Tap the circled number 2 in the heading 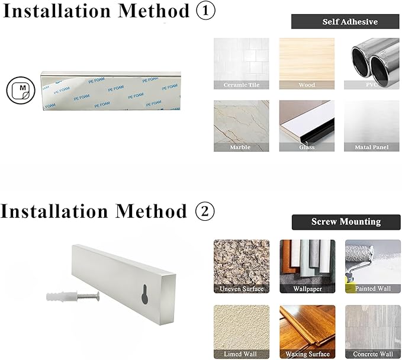coord(205,211)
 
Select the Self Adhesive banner coord(345,21)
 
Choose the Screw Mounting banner coord(346,222)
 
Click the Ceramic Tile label coord(241,85)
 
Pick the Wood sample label coord(307,85)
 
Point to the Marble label coord(240,147)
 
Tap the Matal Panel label coord(371,147)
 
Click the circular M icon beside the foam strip coord(21,90)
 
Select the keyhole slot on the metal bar coord(144,294)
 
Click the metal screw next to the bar coord(88,297)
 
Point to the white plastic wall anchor coord(62,297)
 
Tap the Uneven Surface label coord(242,289)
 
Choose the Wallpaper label coord(307,289)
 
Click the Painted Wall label coord(373,288)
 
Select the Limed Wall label coord(240,354)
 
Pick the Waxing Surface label coord(307,354)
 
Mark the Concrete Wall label coord(373,354)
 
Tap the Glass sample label coord(307,147)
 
